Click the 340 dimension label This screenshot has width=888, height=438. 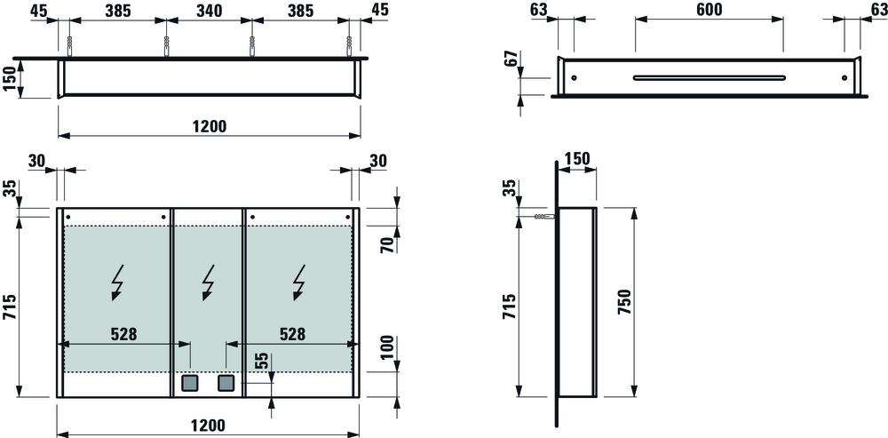tap(209, 11)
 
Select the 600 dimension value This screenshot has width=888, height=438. tap(710, 11)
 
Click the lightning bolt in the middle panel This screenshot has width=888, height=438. tap(209, 282)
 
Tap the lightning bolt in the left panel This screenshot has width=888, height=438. tap(118, 282)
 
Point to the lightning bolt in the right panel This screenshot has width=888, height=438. tap(299, 282)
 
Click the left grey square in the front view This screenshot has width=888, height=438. tap(190, 384)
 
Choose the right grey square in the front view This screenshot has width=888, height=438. tap(226, 384)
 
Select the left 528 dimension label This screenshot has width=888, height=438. tap(124, 334)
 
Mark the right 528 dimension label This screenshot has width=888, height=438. tap(293, 334)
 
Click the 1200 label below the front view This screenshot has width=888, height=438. tap(209, 425)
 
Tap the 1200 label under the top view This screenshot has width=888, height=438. tap(209, 126)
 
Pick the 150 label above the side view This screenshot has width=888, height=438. tap(577, 158)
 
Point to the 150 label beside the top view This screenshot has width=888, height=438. tap(7, 78)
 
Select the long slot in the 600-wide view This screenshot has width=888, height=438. tap(709, 77)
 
